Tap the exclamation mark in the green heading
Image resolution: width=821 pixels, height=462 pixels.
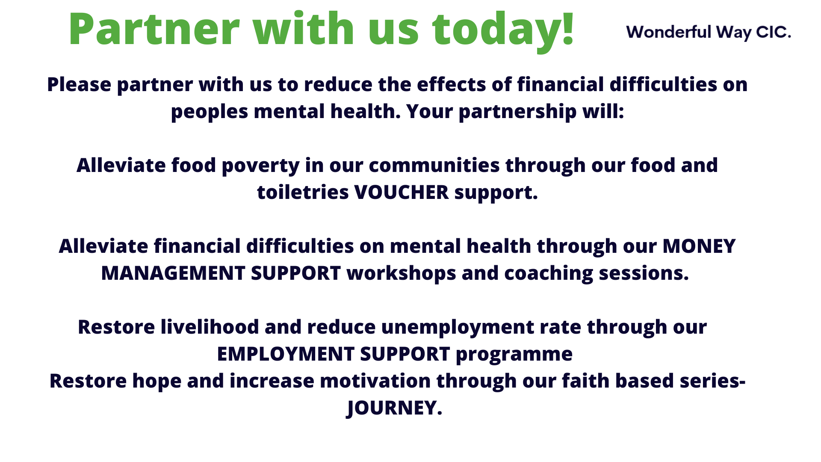[x=568, y=28]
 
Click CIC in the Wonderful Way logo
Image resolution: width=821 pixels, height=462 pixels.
[x=773, y=32]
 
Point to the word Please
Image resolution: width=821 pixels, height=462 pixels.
[x=79, y=84]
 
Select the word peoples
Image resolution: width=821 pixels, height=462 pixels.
[x=210, y=112]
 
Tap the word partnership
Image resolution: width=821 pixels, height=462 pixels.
[x=517, y=112]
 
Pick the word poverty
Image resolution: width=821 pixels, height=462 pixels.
[x=261, y=166]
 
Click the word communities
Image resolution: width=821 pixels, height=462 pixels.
[x=434, y=166]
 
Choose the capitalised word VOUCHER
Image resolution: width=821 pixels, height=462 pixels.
[x=402, y=192]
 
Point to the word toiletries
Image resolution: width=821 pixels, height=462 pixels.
[x=303, y=192]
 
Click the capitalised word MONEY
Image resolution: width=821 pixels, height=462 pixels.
[x=699, y=246]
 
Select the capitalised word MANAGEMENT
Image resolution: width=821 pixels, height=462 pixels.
[x=173, y=273]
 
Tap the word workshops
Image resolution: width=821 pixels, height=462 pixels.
[x=402, y=274]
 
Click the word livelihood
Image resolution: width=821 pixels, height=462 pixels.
[x=210, y=327]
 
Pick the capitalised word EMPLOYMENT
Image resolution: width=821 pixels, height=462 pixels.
[x=286, y=354]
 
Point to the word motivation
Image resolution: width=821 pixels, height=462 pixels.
[x=375, y=381]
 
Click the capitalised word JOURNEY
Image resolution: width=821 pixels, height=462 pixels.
[x=394, y=409]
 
